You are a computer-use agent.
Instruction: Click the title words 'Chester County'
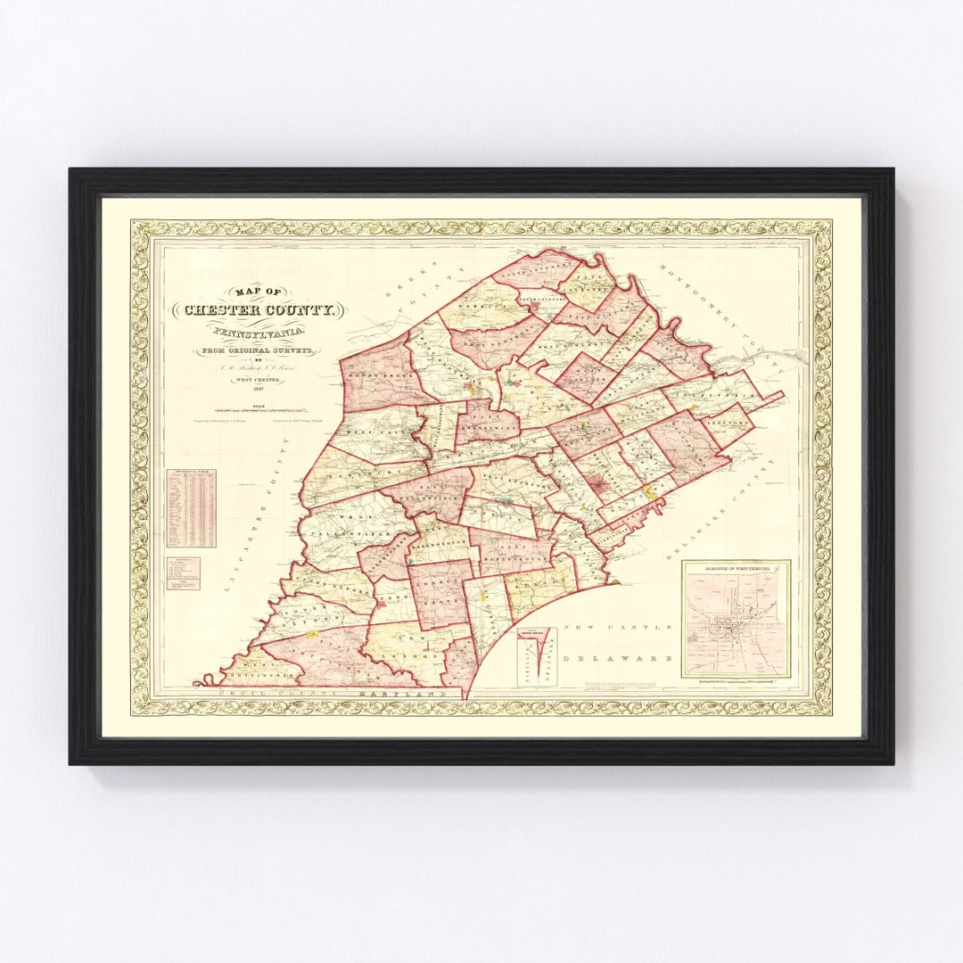[259, 310]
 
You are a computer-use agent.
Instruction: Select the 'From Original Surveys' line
[259, 352]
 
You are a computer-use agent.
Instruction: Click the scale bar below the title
[259, 408]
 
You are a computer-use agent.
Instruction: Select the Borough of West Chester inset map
[736, 619]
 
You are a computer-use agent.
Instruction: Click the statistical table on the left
[192, 507]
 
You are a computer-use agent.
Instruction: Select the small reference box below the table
[183, 572]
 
